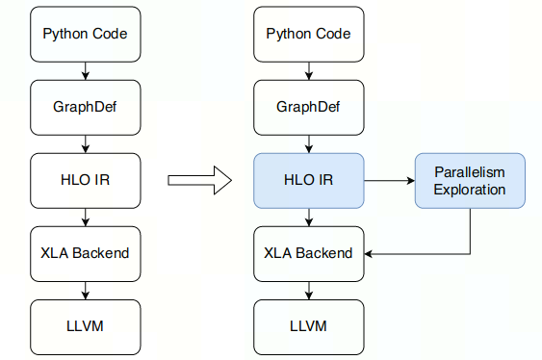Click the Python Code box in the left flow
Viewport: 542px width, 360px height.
point(86,34)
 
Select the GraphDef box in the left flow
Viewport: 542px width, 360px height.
point(86,106)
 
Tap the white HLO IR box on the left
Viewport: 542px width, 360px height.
point(86,179)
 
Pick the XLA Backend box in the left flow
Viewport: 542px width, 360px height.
point(86,253)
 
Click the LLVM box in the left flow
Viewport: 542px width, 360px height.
point(86,325)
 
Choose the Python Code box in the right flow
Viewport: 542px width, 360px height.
point(309,34)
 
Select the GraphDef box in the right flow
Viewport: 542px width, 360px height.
point(309,106)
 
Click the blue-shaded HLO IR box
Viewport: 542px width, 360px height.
point(309,179)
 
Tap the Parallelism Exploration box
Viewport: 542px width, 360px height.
point(470,180)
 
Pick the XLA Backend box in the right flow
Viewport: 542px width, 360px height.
point(309,253)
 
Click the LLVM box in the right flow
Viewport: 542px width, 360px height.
point(309,325)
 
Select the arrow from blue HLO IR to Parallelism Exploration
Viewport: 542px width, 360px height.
point(390,179)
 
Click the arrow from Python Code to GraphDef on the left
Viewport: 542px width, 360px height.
point(86,70)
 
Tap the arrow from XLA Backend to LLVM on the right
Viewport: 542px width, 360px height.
point(309,290)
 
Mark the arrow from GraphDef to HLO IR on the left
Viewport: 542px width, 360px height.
point(86,142)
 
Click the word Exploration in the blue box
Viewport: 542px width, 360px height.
point(470,190)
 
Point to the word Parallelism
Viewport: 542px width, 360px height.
point(470,171)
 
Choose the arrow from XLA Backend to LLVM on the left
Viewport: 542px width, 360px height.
point(86,290)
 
